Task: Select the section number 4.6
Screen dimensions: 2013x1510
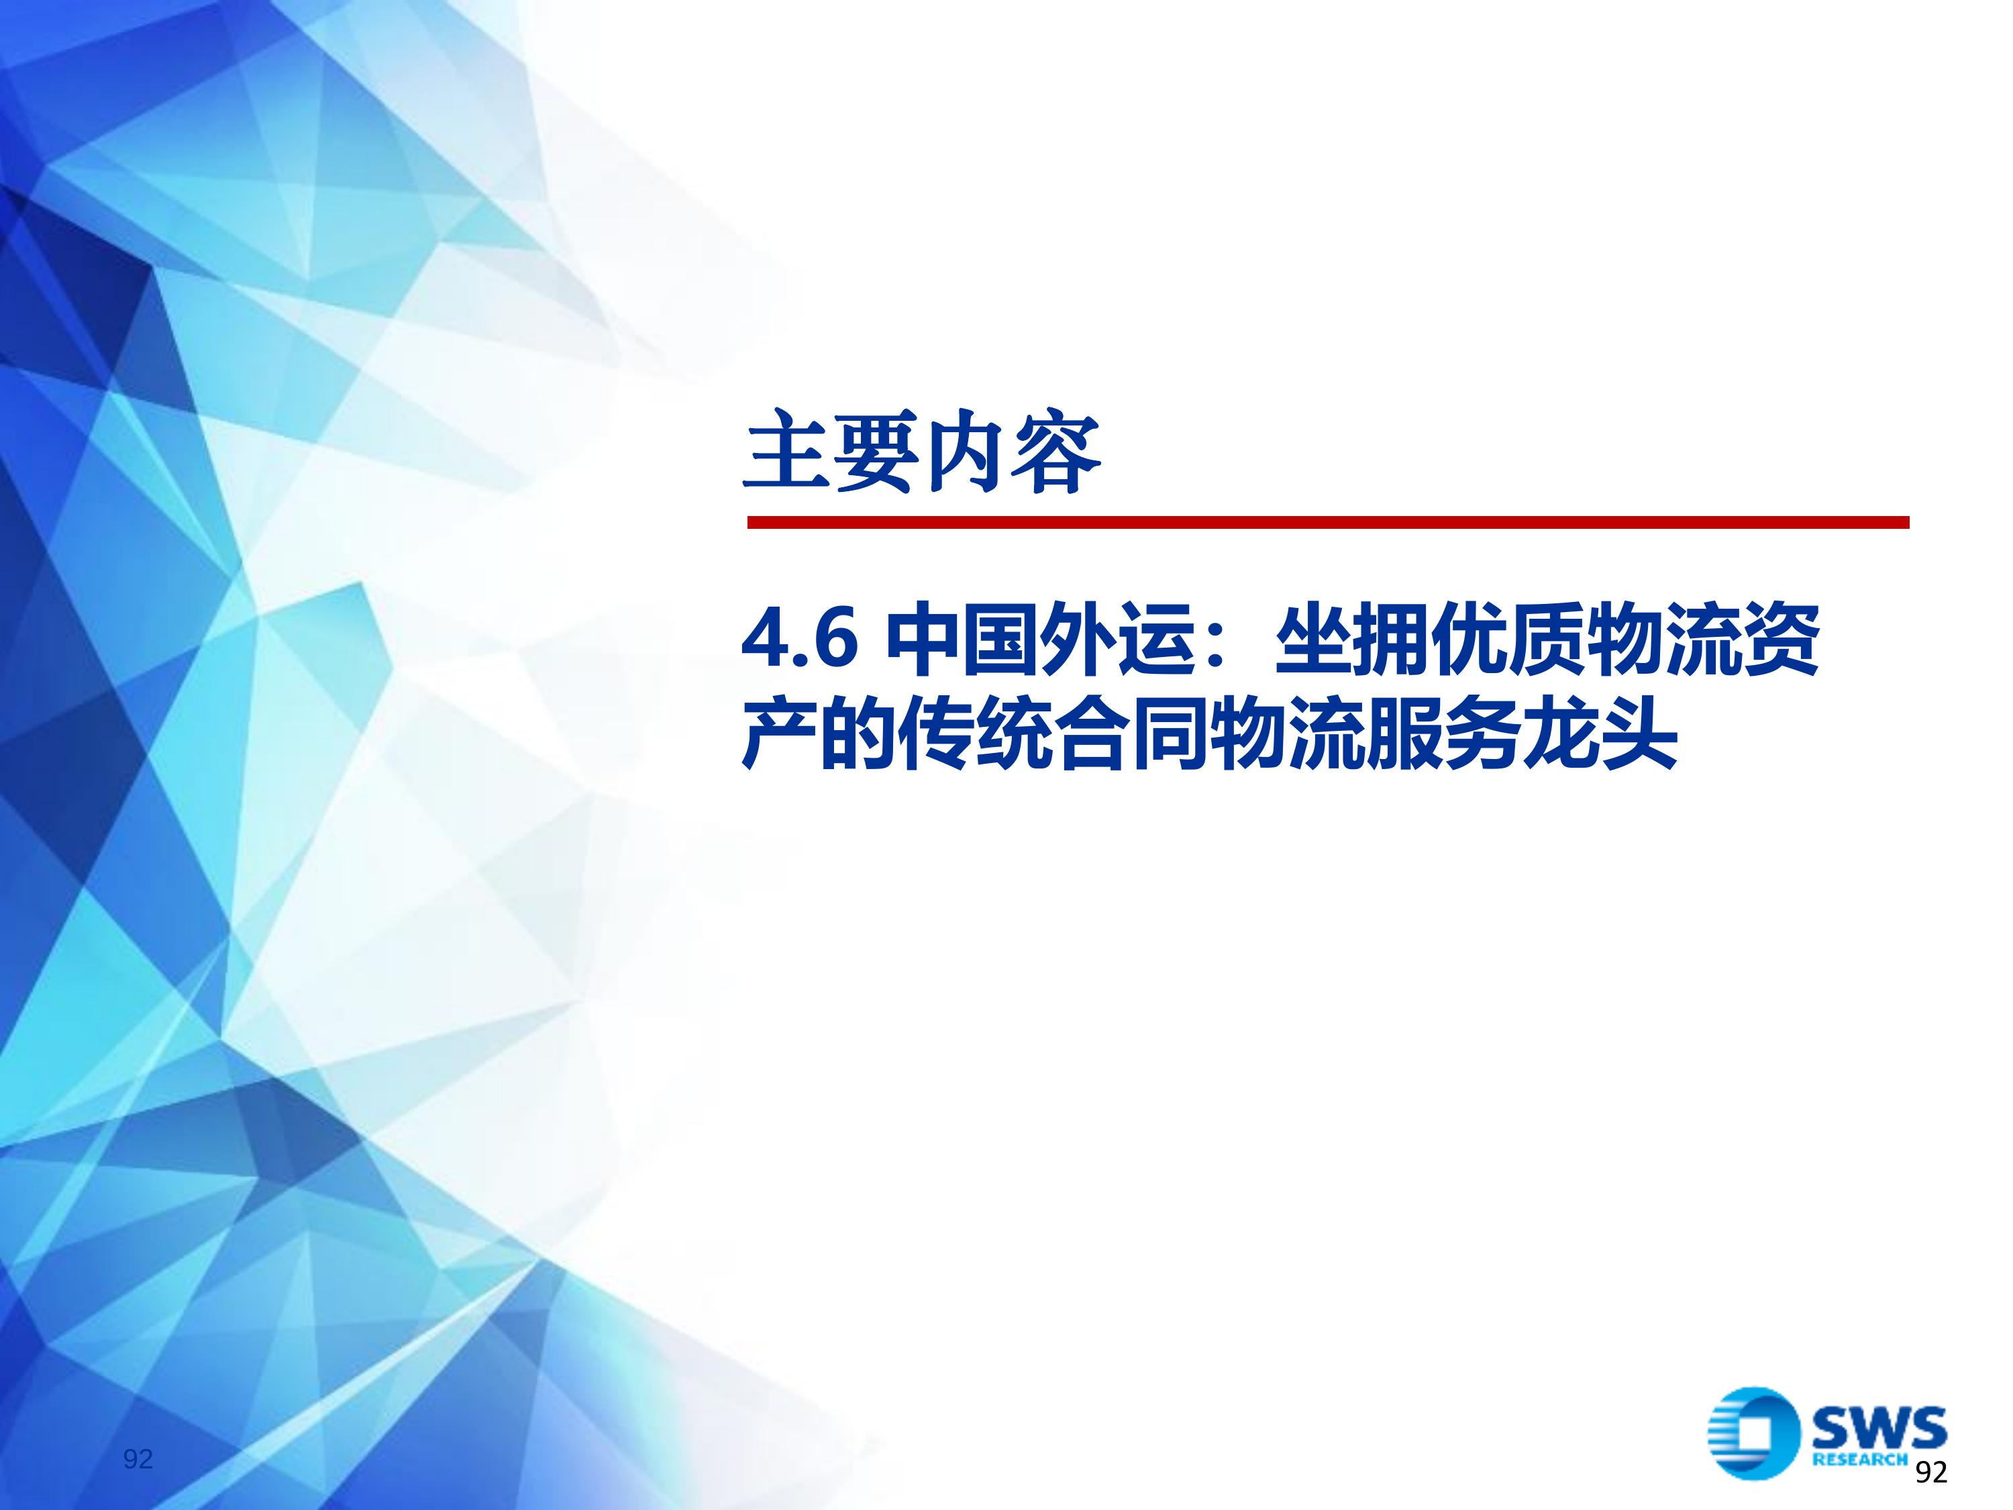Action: [800, 640]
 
